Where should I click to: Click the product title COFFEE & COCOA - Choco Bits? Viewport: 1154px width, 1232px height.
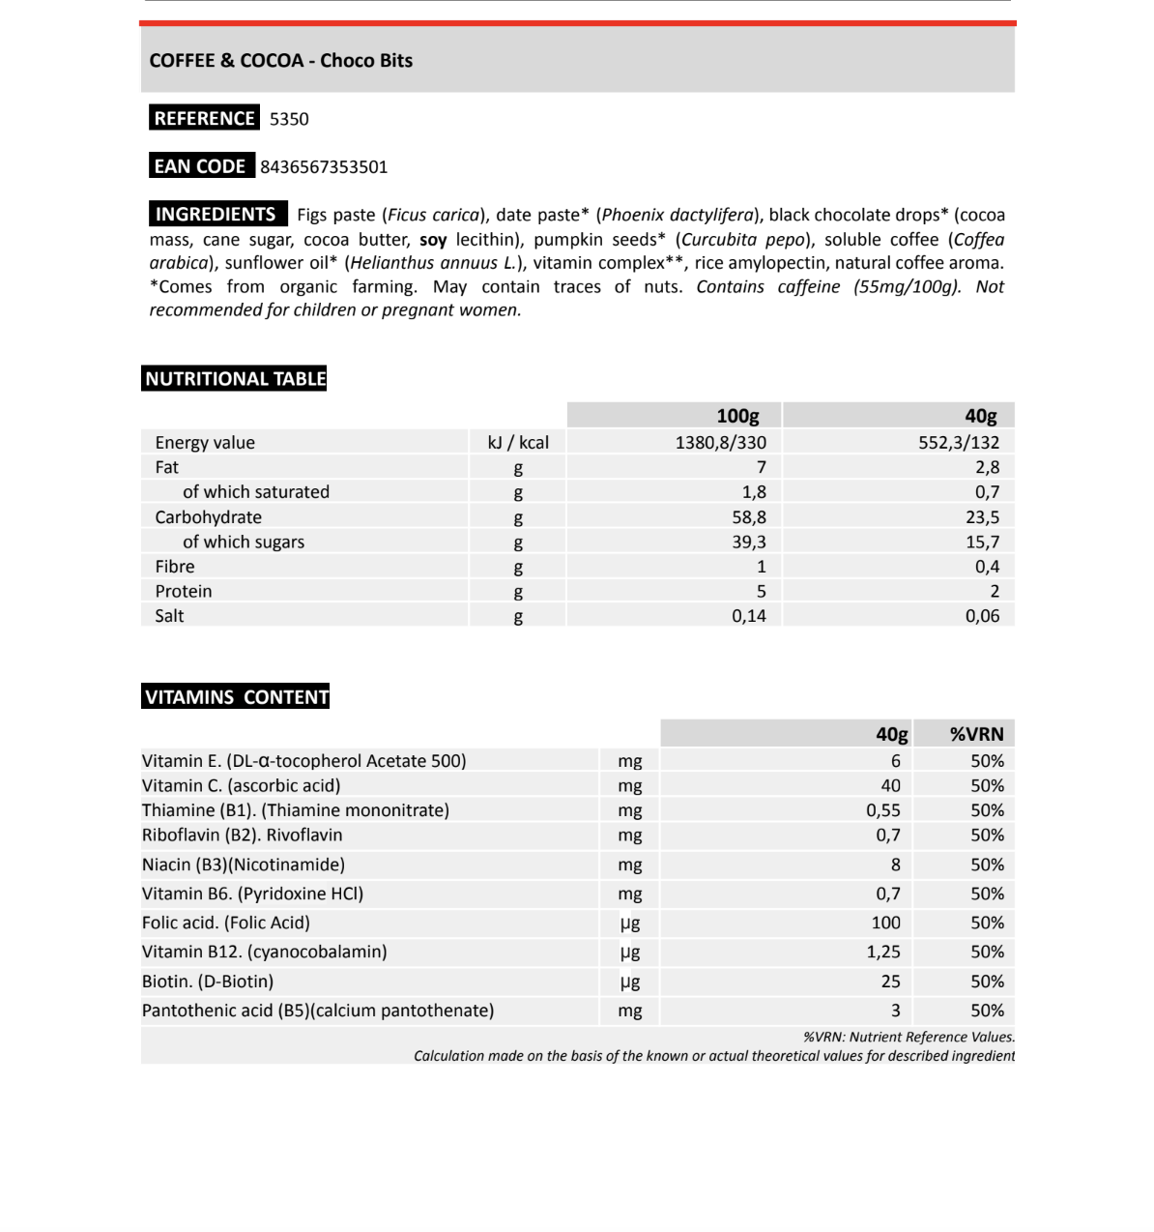(280, 61)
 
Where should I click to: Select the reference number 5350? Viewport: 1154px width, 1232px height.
(289, 119)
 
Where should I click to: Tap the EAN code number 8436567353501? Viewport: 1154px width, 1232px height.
(324, 167)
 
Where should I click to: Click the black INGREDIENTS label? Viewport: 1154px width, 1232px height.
(216, 215)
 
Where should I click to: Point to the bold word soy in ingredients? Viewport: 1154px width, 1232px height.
(433, 240)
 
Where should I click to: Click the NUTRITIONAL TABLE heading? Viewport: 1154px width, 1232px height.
(236, 379)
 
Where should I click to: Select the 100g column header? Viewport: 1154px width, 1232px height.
(737, 416)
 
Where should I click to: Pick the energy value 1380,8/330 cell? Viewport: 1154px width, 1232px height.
(721, 443)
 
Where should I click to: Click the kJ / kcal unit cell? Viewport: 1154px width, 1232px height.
(518, 443)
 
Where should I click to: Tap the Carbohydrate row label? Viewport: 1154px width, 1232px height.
(208, 517)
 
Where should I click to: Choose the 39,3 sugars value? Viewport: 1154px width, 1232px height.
(749, 543)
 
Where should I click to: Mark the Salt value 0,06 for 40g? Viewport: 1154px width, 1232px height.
(982, 616)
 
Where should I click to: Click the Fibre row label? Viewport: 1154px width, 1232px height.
(175, 567)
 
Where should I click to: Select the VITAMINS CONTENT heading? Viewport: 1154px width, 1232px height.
(237, 697)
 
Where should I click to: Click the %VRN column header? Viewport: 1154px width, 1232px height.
(976, 735)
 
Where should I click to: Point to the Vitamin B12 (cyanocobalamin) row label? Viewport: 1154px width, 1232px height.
(264, 952)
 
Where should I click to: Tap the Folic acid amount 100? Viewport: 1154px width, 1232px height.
(885, 924)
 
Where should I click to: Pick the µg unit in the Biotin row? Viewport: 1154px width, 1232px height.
(630, 982)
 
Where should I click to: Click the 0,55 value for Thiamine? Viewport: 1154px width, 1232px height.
(882, 810)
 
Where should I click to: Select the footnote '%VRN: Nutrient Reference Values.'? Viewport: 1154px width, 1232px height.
(909, 1038)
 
